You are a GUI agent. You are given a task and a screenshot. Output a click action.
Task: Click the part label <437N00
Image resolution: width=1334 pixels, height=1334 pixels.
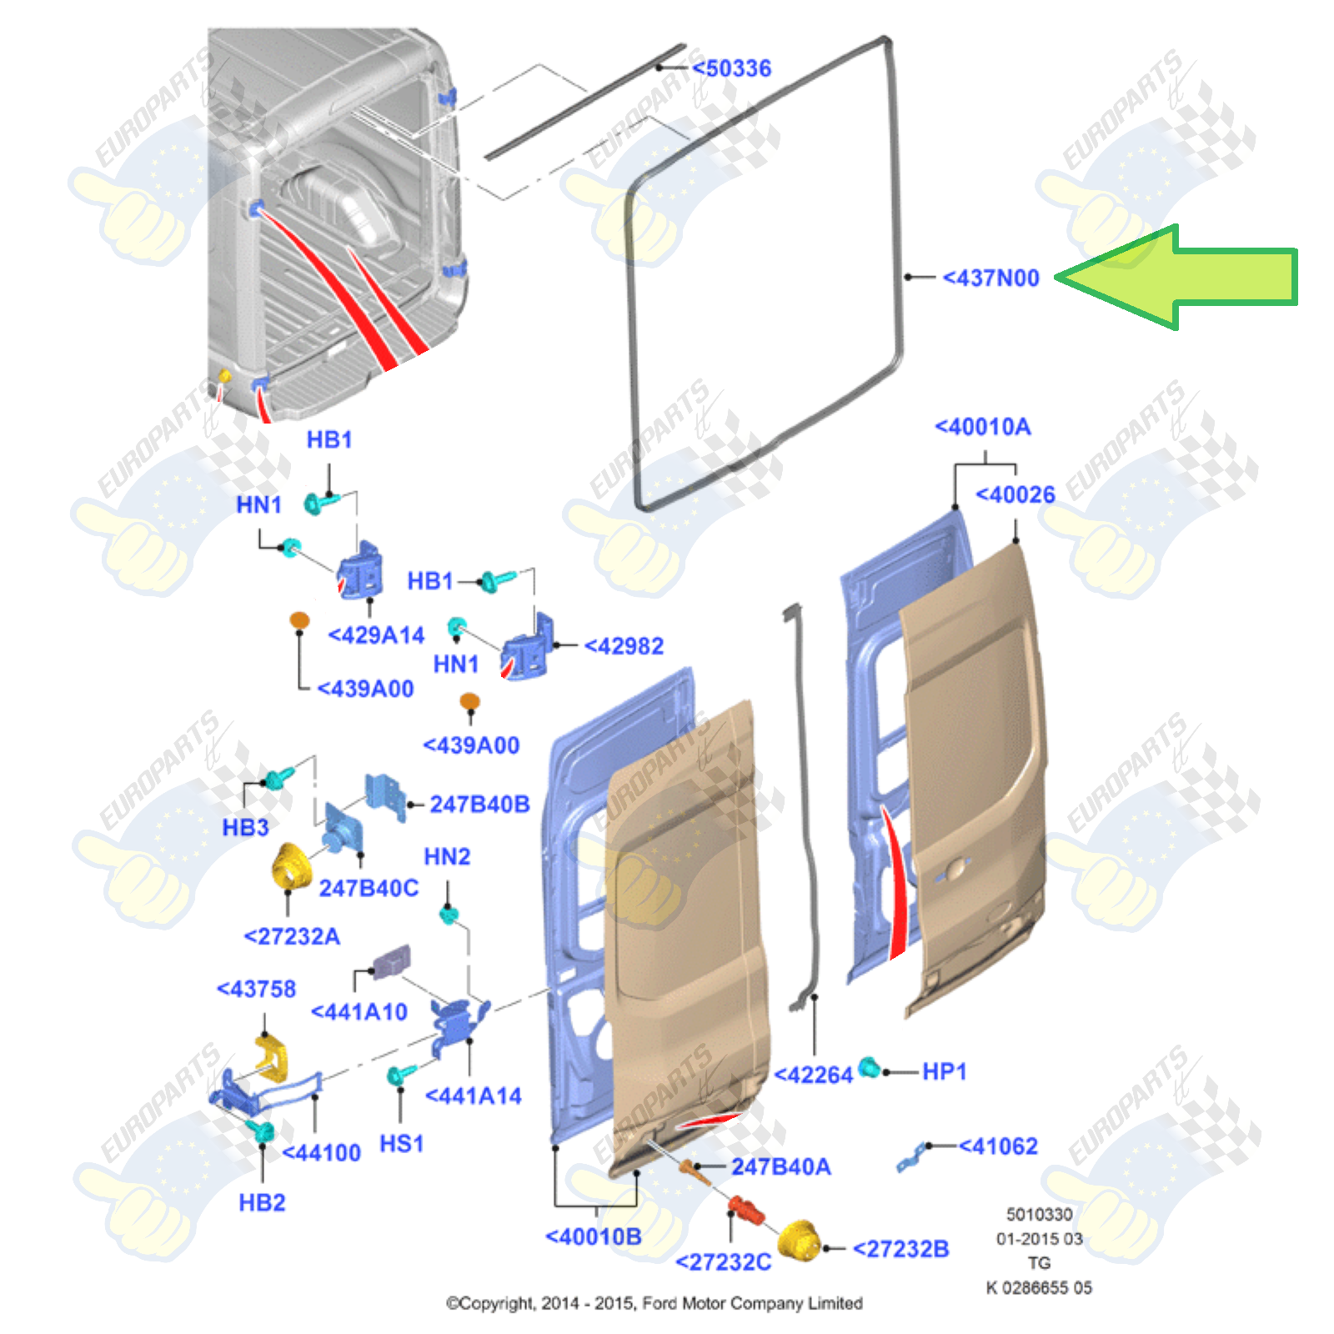click(x=990, y=278)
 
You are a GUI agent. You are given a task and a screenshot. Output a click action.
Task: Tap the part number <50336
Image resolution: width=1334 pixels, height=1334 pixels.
click(x=731, y=68)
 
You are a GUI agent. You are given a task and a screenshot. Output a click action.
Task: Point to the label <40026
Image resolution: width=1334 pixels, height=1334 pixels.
click(x=1015, y=494)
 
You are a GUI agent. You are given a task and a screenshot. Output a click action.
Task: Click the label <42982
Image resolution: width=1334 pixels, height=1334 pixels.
click(x=624, y=646)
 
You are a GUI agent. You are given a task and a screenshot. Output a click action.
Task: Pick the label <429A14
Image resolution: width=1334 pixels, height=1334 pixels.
click(x=376, y=635)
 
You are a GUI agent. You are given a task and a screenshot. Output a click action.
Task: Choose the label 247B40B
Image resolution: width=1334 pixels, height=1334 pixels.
click(x=479, y=804)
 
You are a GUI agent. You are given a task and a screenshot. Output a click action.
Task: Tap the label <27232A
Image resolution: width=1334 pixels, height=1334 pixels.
click(x=292, y=936)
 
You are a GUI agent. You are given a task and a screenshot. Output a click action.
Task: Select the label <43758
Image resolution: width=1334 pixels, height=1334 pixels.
click(x=256, y=989)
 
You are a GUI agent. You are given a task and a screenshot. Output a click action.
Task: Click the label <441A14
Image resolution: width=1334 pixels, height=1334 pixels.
click(x=473, y=1096)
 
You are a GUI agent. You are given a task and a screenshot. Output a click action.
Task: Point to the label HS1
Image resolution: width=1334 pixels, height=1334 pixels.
click(x=401, y=1144)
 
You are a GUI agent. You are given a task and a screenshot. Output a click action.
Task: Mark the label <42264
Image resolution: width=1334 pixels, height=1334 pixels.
click(x=813, y=1075)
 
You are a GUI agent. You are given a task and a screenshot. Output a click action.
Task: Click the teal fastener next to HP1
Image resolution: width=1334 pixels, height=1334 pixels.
click(x=869, y=1066)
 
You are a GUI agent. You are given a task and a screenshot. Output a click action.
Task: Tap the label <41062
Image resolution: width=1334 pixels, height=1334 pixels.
click(x=998, y=1146)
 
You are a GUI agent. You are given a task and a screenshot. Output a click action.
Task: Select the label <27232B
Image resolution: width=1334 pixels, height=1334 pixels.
click(x=900, y=1249)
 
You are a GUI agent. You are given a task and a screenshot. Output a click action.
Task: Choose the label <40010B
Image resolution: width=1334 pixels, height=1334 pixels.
click(x=593, y=1236)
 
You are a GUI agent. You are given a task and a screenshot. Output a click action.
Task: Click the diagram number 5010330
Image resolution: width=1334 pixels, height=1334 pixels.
click(x=1039, y=1214)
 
